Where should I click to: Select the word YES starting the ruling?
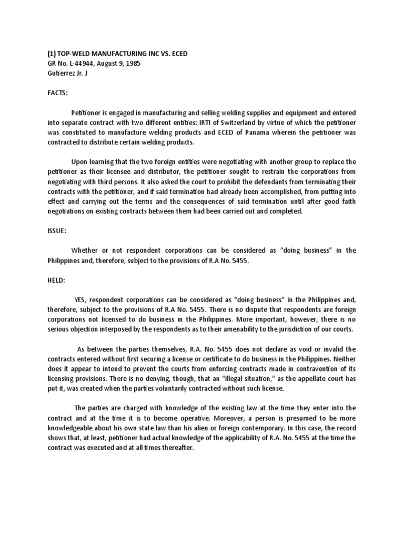click(79, 299)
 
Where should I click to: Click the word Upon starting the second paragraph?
click(80, 162)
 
